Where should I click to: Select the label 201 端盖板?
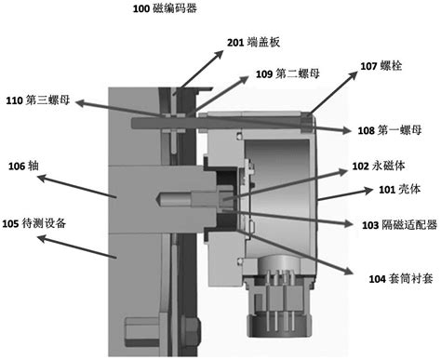(x=250, y=42)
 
